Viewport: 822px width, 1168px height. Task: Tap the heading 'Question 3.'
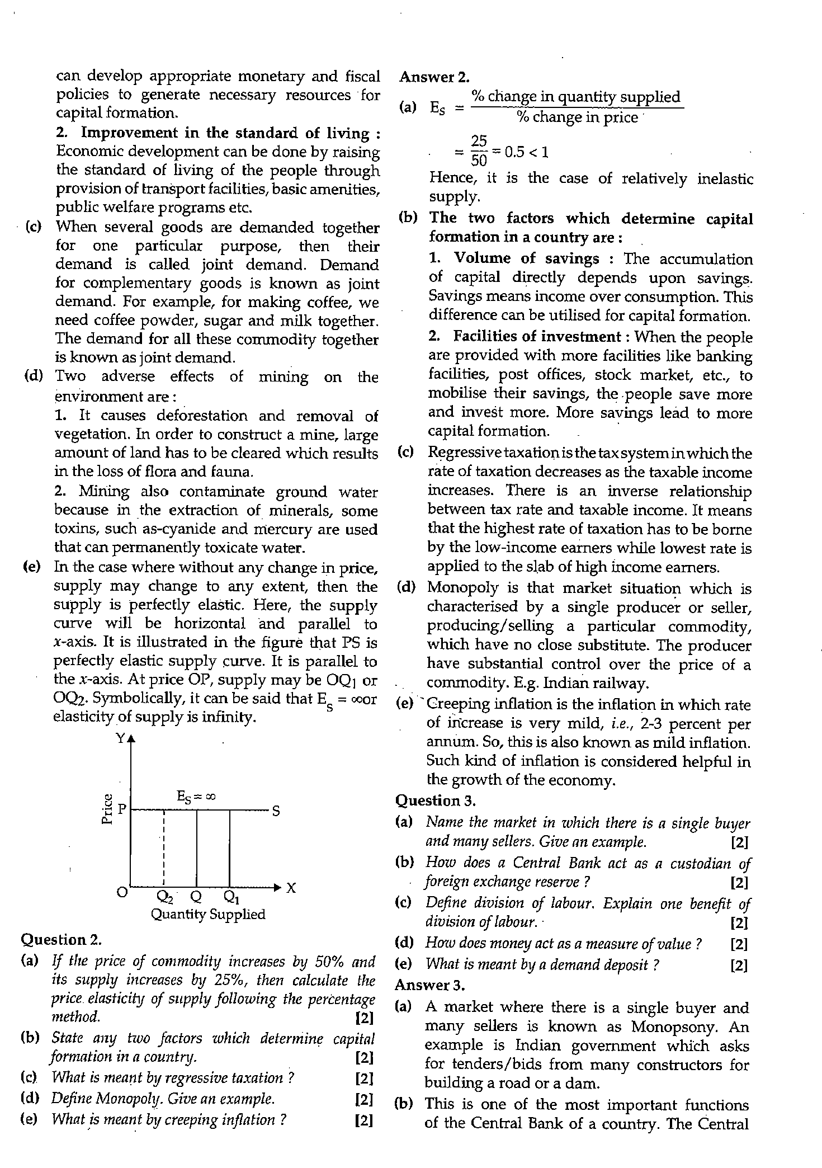(436, 801)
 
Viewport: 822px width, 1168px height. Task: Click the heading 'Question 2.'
(61, 939)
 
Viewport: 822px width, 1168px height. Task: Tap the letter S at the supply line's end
(276, 811)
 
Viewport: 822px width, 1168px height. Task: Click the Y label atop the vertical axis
(120, 738)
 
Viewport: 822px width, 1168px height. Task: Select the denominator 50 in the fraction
(479, 161)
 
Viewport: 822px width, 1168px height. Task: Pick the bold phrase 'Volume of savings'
(526, 258)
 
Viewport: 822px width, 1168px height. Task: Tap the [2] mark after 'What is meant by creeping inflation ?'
(364, 1120)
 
